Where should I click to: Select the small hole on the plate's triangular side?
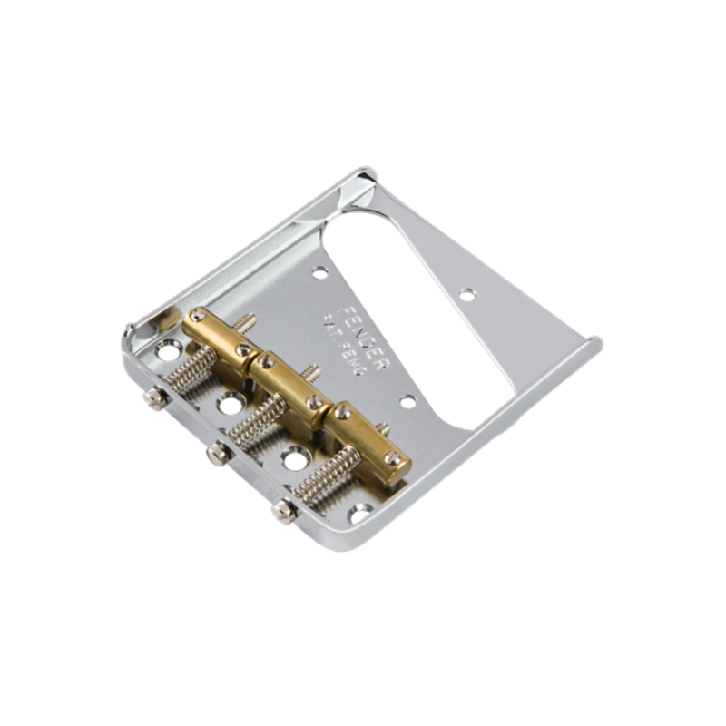point(466,293)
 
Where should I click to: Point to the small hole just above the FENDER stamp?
point(319,270)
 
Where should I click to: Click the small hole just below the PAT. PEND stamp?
point(407,400)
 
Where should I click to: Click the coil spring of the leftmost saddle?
point(193,368)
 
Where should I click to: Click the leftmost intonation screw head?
point(156,397)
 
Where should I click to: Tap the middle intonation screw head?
point(218,453)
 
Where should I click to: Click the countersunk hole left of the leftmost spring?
point(168,348)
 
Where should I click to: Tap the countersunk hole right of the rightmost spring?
point(359,514)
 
